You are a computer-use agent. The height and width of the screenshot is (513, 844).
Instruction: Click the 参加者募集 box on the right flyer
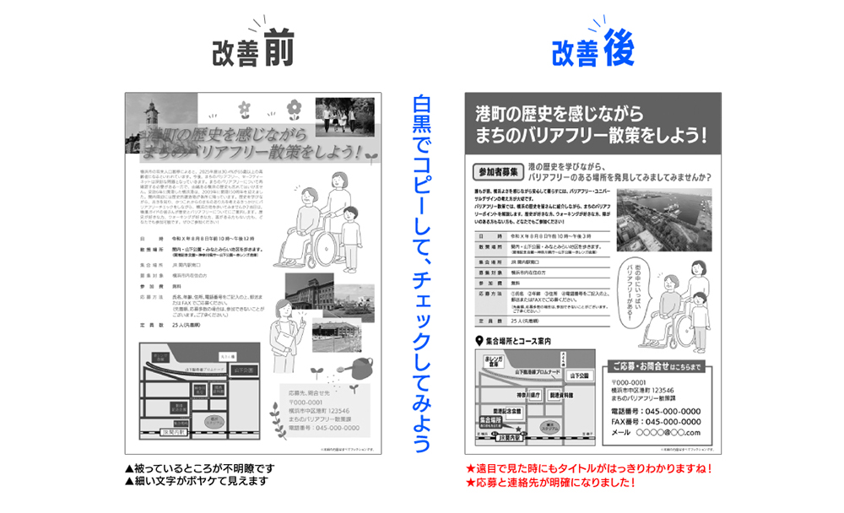[495, 172]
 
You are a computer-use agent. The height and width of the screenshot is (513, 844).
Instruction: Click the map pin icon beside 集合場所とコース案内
[477, 341]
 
